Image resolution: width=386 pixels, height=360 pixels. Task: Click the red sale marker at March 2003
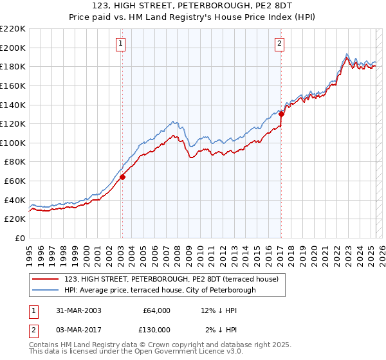[x=122, y=177]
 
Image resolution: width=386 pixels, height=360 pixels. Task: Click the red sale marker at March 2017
[x=281, y=114]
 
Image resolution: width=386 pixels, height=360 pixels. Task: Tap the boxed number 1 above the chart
[x=121, y=44]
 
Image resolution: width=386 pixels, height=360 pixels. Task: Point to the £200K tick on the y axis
[x=14, y=48]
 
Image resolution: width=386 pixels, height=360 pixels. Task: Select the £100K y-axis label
[x=14, y=143]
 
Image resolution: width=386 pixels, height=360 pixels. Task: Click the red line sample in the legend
[x=46, y=280]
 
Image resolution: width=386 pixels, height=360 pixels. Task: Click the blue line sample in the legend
[x=46, y=290]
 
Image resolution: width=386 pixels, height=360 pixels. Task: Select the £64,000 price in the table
[x=156, y=310]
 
